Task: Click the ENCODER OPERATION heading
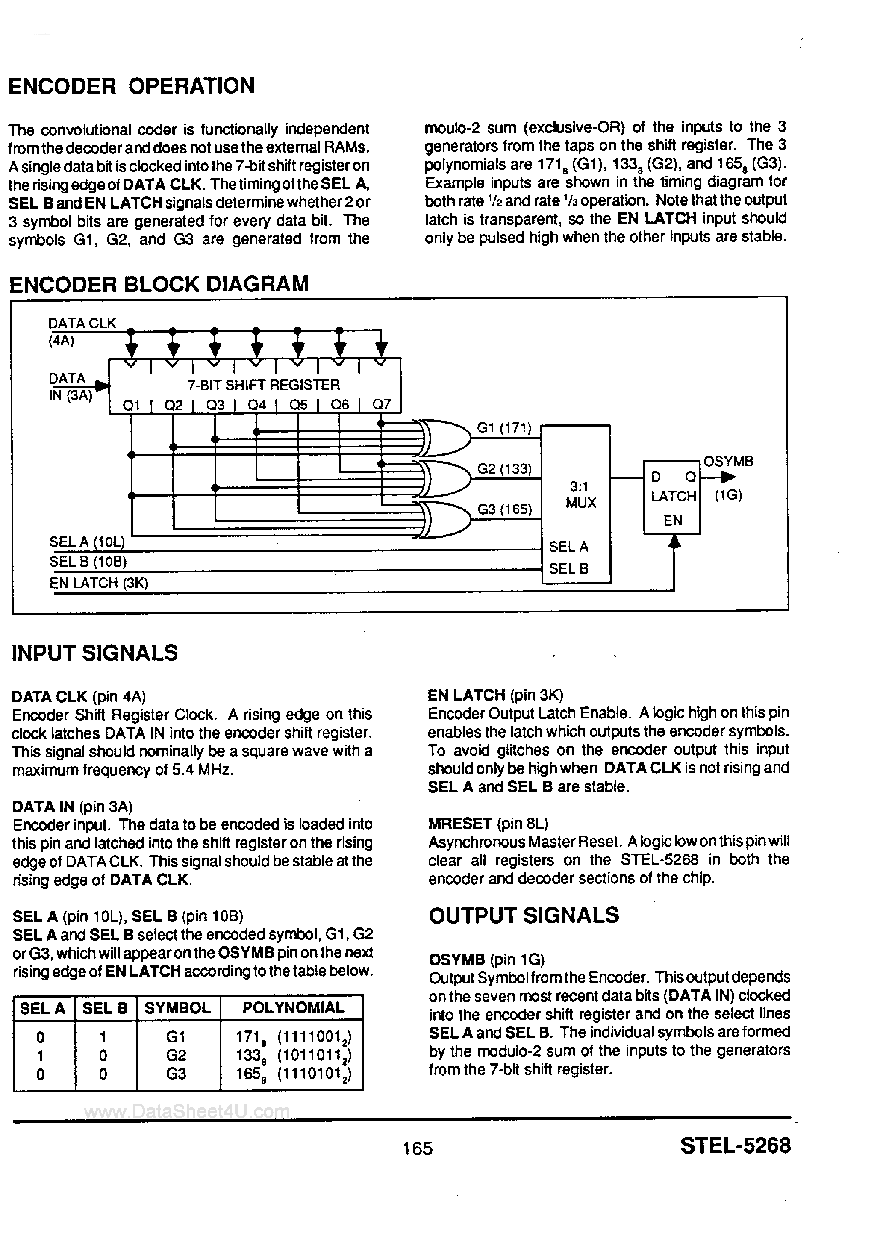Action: (132, 86)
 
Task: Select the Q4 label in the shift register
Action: (256, 405)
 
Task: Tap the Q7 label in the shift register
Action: (381, 405)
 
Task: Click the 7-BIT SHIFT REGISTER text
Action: (264, 385)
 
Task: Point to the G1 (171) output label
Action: (504, 428)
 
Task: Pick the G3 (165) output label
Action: (504, 509)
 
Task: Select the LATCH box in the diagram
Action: (672, 497)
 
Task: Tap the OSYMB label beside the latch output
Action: (728, 462)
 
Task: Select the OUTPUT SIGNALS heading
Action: (524, 915)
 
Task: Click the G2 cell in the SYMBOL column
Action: (176, 1055)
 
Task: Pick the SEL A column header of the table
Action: (42, 1008)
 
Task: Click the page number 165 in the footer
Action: (418, 1148)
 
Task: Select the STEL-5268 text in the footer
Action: (735, 1145)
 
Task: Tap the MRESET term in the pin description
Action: (460, 824)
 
